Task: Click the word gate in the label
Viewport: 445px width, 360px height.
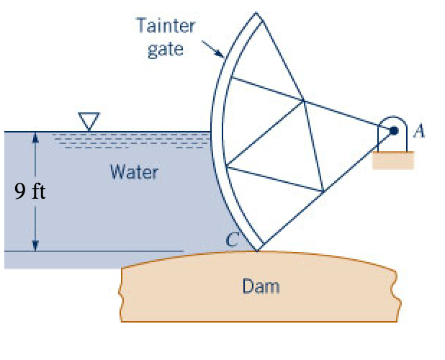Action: click(x=165, y=49)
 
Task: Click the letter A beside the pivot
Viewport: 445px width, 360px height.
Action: click(x=421, y=130)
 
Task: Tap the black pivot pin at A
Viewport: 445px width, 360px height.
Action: click(x=394, y=131)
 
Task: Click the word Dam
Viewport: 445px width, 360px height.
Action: click(x=261, y=287)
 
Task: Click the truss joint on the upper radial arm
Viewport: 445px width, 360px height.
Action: click(x=305, y=101)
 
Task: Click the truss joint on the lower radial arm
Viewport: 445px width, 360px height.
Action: click(x=323, y=191)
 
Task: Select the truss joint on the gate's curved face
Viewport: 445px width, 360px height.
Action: click(x=226, y=168)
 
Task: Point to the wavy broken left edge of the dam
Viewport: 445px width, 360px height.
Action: click(x=125, y=295)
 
